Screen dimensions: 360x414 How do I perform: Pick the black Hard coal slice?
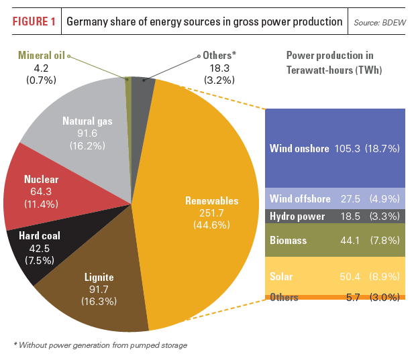(x=34, y=248)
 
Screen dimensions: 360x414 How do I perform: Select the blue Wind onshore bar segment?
(x=335, y=147)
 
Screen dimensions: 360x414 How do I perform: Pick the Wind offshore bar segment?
(x=335, y=199)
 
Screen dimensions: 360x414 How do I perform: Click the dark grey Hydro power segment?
(x=335, y=217)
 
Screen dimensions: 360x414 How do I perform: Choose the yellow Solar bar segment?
(x=335, y=276)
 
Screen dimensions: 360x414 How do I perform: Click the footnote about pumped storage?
(x=100, y=345)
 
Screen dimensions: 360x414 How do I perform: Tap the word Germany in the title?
(x=89, y=21)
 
